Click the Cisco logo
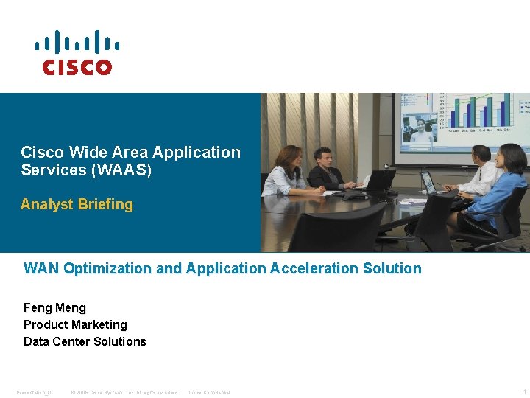coord(77,53)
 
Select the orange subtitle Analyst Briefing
coord(77,205)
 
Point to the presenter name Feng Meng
coord(54,307)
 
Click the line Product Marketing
coord(75,324)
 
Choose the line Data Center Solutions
coord(85,341)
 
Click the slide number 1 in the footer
coord(523,392)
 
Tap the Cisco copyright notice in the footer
coord(124,392)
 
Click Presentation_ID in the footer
coord(35,392)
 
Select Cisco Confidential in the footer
coord(210,392)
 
